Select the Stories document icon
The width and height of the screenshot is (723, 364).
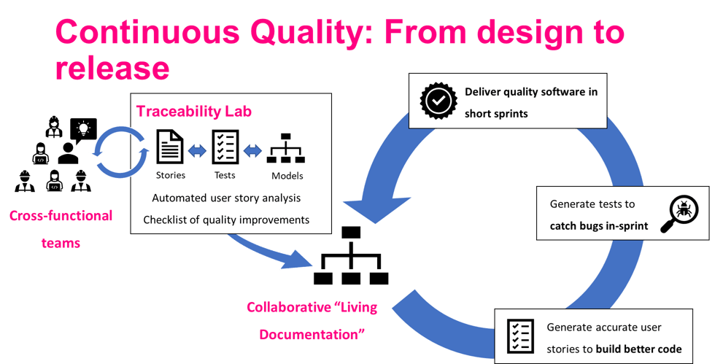coord(171,147)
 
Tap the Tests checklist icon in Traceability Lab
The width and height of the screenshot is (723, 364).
coord(225,147)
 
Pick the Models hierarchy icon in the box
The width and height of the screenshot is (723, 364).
coord(286,148)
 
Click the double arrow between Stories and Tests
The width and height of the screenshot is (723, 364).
coord(198,150)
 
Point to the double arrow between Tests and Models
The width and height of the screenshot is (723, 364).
coord(252,150)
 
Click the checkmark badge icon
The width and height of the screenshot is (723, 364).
coord(438,103)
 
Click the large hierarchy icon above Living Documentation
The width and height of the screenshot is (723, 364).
coord(351,256)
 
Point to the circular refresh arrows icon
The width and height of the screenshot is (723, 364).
coord(121,152)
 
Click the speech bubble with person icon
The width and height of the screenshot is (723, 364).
coord(83,130)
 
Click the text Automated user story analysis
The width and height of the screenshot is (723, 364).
coord(226,198)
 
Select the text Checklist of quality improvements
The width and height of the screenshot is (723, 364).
coord(226,220)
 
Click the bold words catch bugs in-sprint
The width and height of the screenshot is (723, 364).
coord(598,225)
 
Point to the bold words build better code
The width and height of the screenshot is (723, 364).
coord(638,349)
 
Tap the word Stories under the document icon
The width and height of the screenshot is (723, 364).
coord(171,175)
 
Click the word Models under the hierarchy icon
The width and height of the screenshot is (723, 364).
coord(287,176)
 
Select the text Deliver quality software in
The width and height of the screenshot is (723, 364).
coord(530,92)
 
